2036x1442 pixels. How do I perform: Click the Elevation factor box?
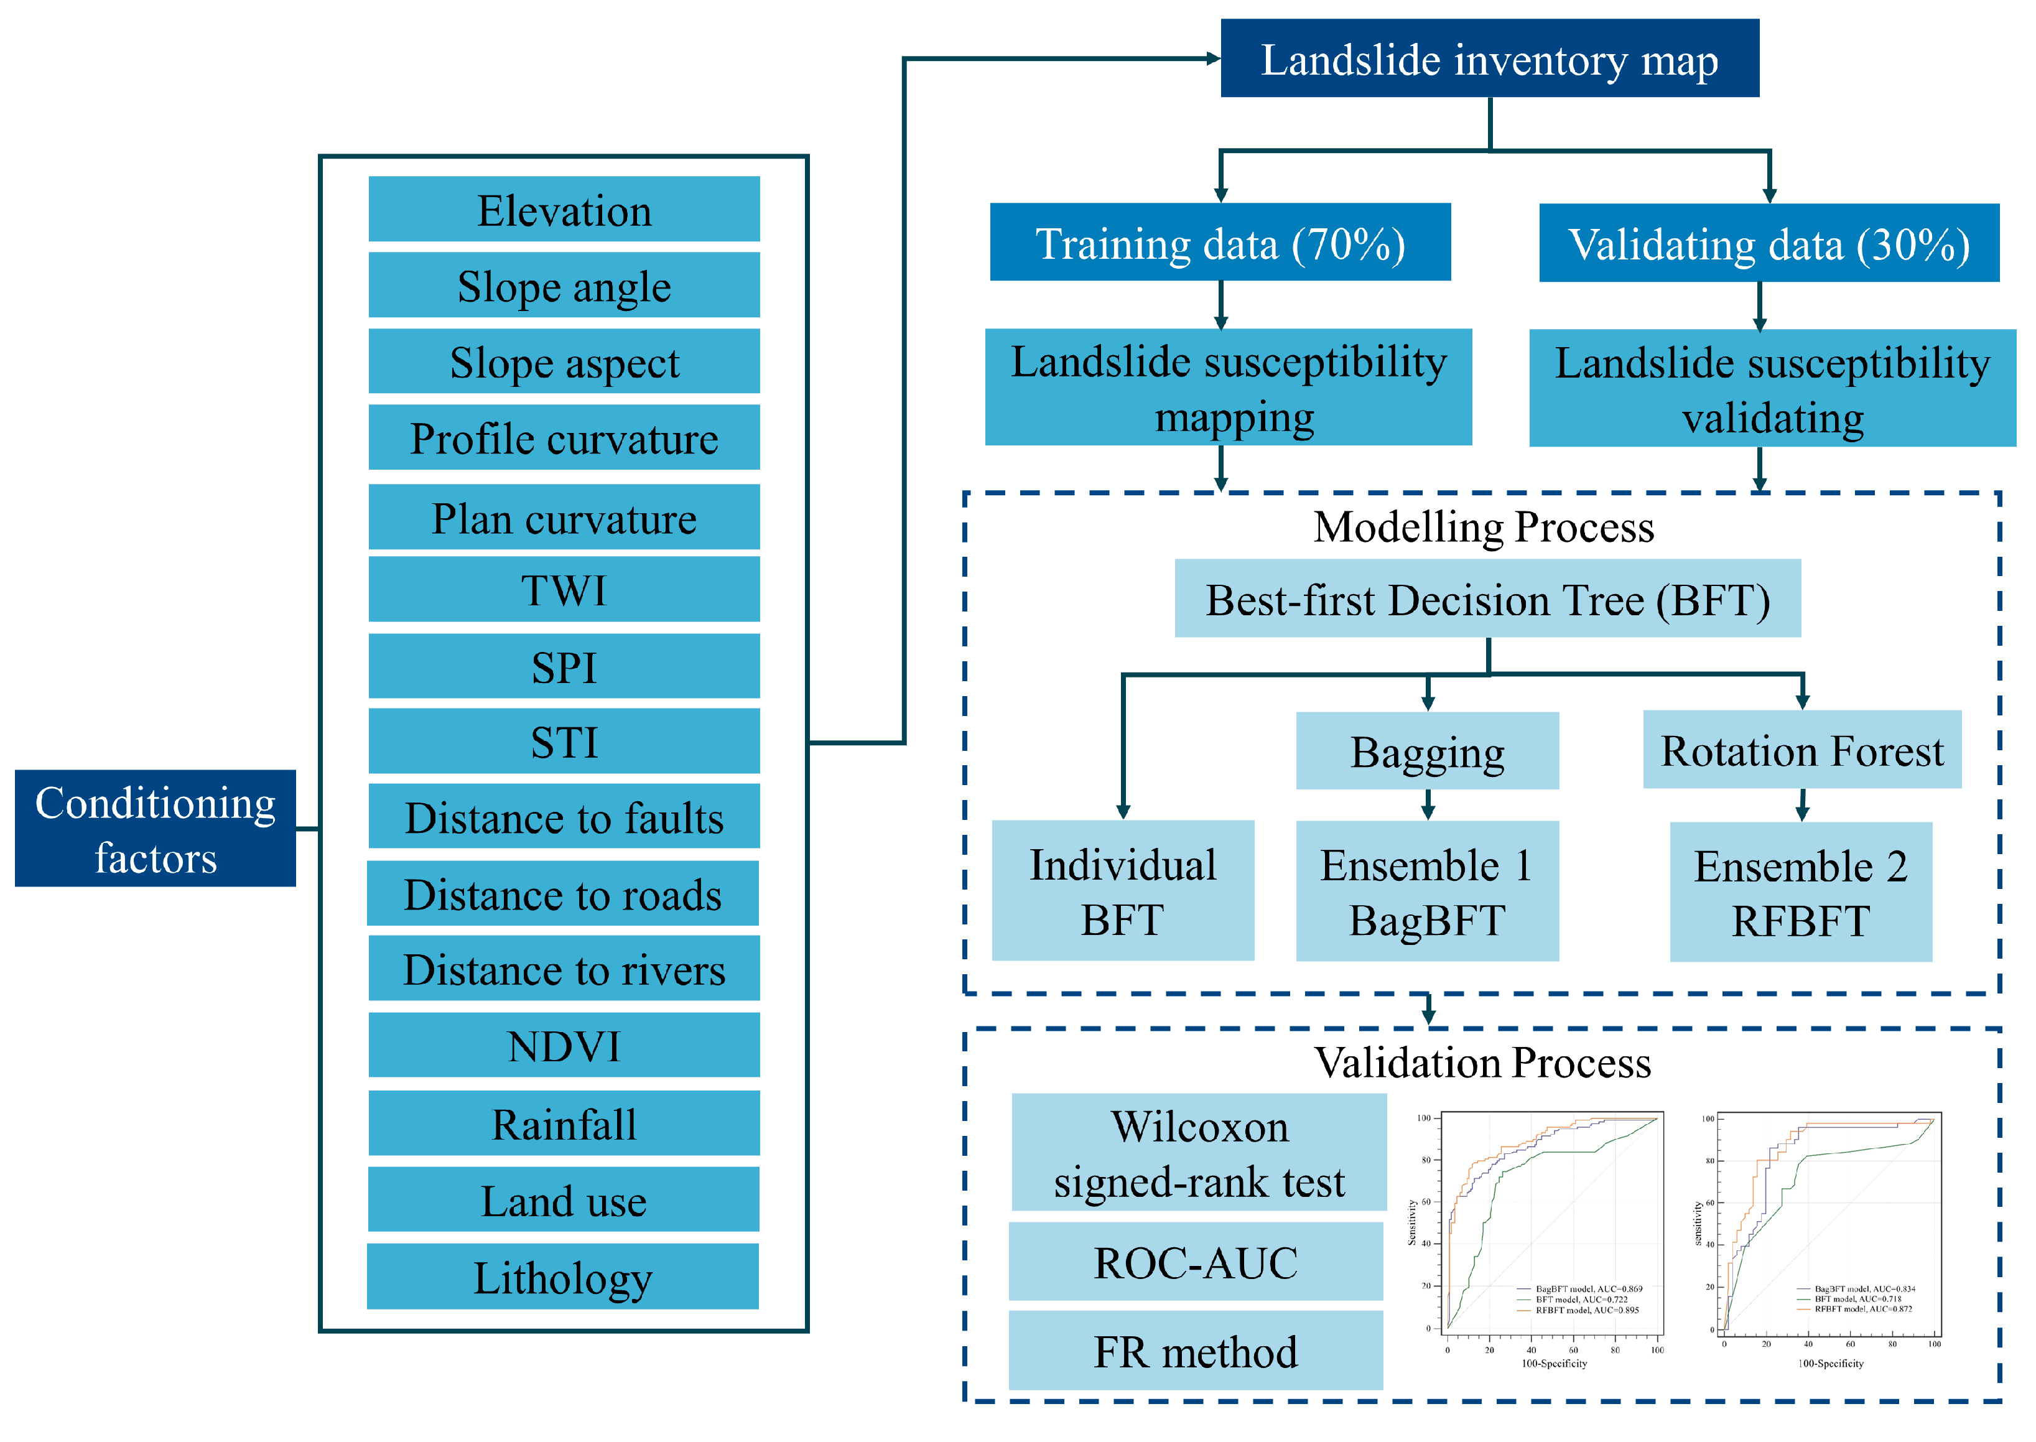tap(564, 210)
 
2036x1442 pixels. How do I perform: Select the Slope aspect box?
tap(564, 361)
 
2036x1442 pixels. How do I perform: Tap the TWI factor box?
tap(564, 590)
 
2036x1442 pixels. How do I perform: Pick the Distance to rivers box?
tap(564, 969)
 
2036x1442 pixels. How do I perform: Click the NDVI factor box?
tap(564, 1045)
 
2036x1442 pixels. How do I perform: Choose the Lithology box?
tap(562, 1277)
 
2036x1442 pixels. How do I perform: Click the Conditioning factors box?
tap(156, 829)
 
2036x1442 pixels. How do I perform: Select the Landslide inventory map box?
tap(1489, 58)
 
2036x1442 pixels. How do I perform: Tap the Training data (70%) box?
tap(1220, 243)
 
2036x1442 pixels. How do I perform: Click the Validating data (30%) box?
tap(1768, 243)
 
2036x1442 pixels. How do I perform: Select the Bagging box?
tap(1427, 751)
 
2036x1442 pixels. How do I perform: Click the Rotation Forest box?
tap(1801, 750)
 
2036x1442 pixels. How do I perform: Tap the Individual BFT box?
tap(1122, 891)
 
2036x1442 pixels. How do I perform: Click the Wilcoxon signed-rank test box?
tap(1199, 1153)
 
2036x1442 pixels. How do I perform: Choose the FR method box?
tap(1195, 1351)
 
